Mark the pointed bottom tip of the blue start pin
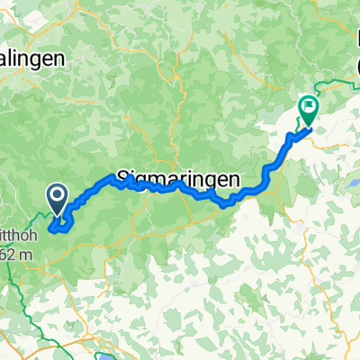56,213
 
